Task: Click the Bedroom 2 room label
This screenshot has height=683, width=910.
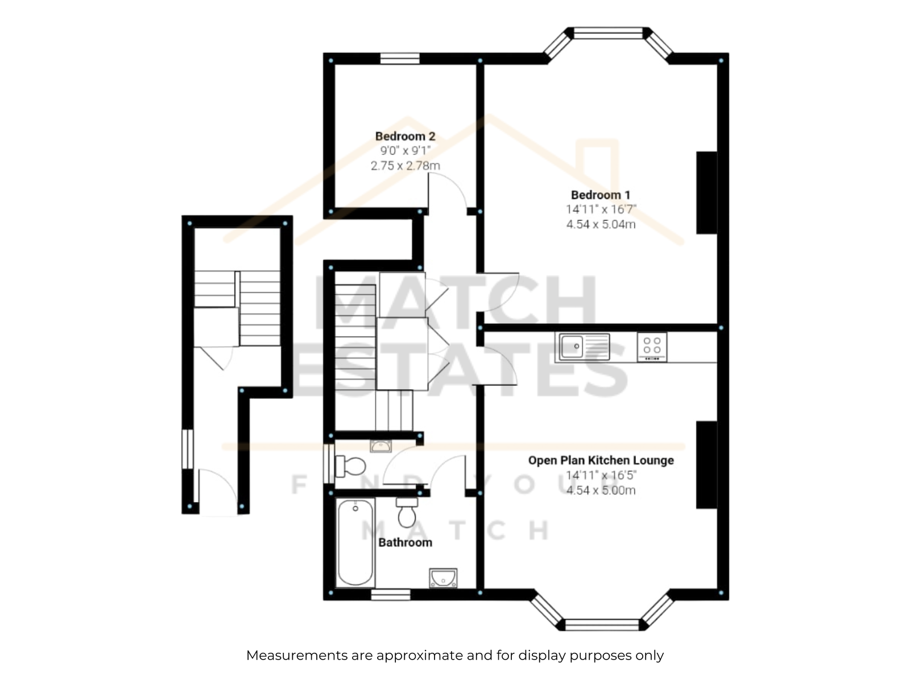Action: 405,136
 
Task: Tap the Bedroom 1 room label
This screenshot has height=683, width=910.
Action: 600,195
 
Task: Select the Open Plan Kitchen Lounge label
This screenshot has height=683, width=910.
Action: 601,460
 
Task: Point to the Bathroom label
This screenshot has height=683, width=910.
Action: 405,542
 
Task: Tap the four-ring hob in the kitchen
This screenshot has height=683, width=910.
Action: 652,347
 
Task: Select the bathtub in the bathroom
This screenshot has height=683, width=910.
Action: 355,542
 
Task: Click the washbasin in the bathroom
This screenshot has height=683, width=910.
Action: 442,578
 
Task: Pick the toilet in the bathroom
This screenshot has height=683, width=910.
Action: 407,512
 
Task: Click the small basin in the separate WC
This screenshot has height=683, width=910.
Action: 380,446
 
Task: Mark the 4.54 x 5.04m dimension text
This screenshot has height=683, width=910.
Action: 601,224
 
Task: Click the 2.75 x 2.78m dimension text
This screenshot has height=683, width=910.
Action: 405,166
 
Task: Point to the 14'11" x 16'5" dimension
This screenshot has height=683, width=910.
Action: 601,475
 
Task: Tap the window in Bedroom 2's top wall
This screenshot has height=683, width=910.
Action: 400,59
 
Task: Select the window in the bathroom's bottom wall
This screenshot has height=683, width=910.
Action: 391,595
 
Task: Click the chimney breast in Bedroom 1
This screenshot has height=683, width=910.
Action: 706,193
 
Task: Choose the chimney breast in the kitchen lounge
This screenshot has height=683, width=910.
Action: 706,465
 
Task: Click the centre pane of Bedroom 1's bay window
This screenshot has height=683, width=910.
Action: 608,33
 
